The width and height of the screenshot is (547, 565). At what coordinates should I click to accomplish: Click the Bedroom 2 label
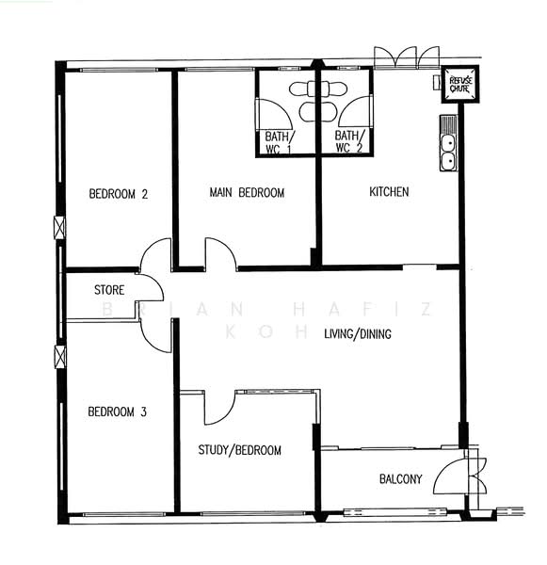(119, 194)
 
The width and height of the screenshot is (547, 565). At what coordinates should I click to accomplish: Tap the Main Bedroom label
(247, 192)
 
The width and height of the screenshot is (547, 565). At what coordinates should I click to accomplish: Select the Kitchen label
(389, 191)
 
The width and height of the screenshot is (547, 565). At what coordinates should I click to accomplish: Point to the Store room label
(109, 290)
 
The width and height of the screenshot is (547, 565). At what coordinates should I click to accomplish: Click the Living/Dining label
(358, 334)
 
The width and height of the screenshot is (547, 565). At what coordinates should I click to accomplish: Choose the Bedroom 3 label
(117, 412)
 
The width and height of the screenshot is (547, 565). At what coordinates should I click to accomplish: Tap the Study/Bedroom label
(240, 450)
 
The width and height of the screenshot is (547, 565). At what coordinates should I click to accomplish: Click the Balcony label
(401, 479)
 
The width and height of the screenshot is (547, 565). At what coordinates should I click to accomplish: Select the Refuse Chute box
(460, 85)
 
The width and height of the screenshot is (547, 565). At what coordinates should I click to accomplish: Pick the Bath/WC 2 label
(349, 141)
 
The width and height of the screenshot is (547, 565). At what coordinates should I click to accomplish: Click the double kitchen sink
(448, 143)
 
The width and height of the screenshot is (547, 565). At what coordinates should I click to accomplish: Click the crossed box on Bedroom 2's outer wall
(60, 227)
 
